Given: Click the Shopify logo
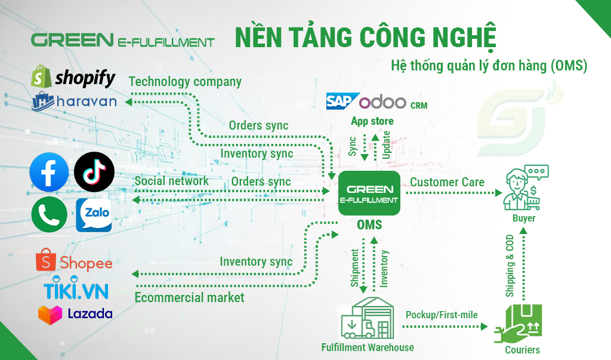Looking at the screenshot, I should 73,77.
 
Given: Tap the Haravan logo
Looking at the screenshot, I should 74,102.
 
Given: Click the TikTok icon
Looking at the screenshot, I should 94,172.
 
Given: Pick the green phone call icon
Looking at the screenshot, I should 49,214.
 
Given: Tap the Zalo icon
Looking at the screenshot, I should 94,215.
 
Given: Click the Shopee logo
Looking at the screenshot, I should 74,262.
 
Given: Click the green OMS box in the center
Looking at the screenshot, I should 369,193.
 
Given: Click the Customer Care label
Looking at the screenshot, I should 447,181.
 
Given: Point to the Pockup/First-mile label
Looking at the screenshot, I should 442,314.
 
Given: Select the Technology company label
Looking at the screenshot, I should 185,82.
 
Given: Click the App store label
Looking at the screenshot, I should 372,121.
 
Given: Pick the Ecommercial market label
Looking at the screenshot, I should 190,297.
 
